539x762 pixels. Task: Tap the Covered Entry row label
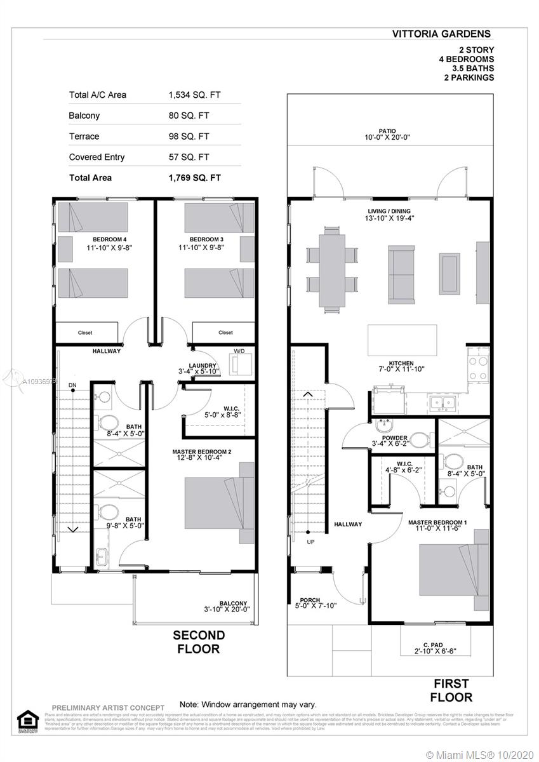[96, 157]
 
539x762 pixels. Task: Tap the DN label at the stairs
[72, 385]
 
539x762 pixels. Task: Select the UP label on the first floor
[310, 542]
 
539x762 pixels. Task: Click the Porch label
[310, 600]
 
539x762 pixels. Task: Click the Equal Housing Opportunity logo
[27, 719]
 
